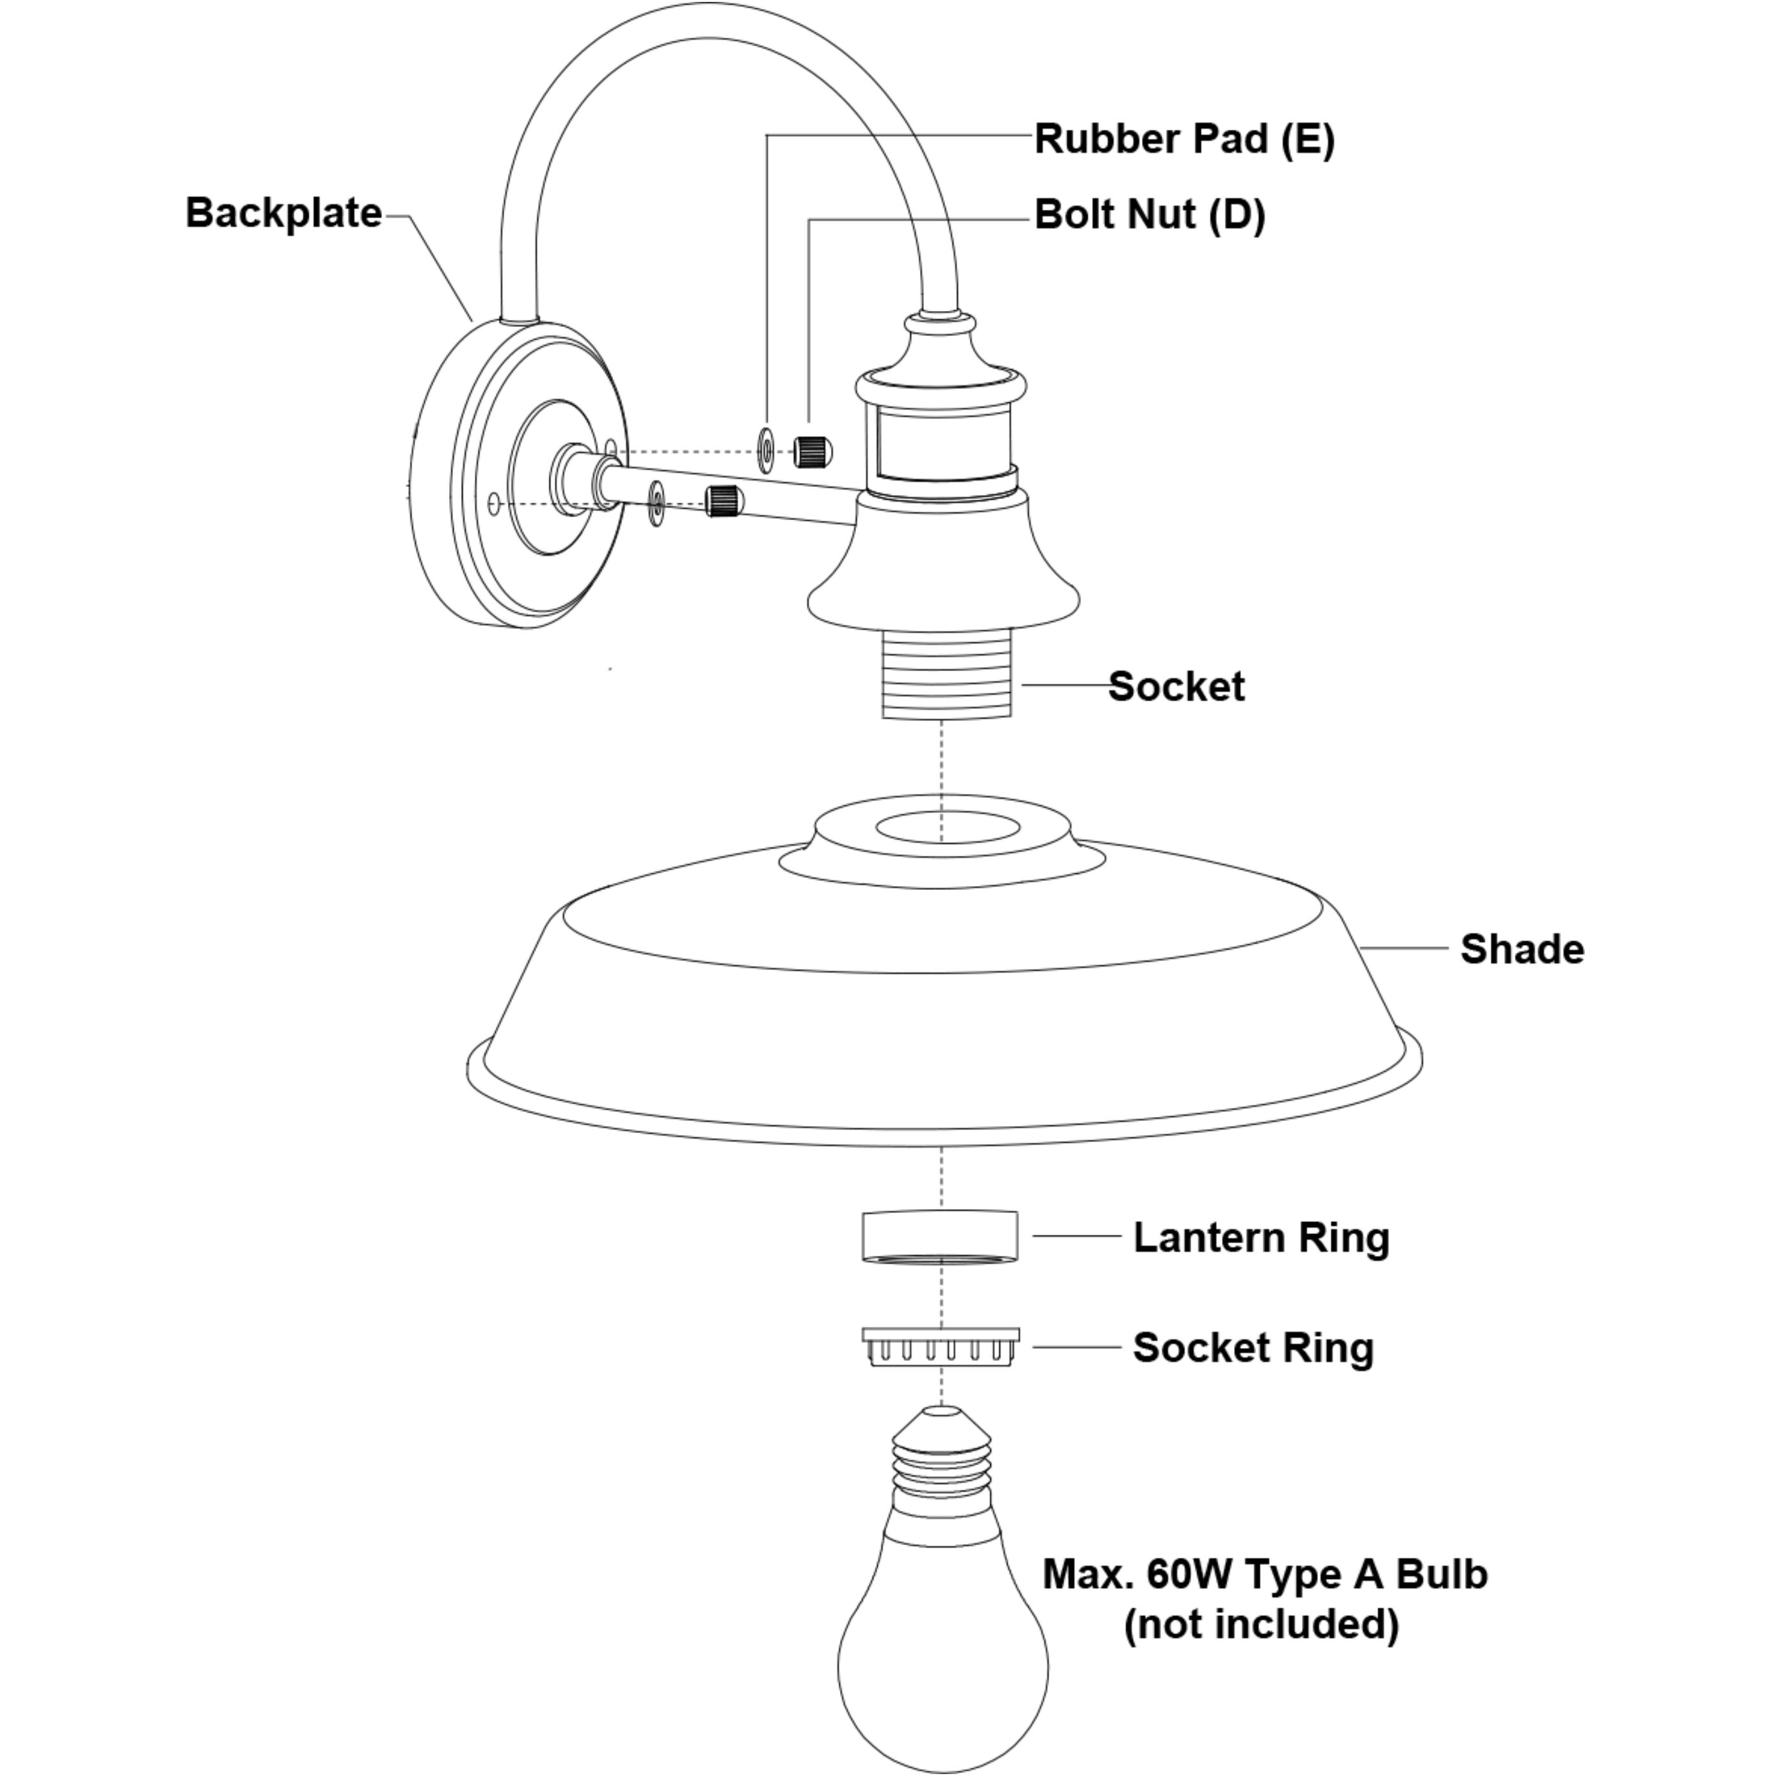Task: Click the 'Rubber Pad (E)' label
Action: point(1184,139)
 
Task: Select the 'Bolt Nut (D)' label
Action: point(1149,215)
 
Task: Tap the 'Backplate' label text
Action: point(283,212)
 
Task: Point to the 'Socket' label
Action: point(1176,686)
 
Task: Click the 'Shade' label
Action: point(1521,949)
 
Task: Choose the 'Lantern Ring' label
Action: point(1260,1237)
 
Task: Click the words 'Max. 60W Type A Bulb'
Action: point(1264,1574)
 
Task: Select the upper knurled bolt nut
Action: point(813,450)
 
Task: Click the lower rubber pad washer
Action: point(657,503)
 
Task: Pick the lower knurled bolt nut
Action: point(724,501)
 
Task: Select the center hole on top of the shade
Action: point(946,827)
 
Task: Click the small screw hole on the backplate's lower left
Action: point(495,503)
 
